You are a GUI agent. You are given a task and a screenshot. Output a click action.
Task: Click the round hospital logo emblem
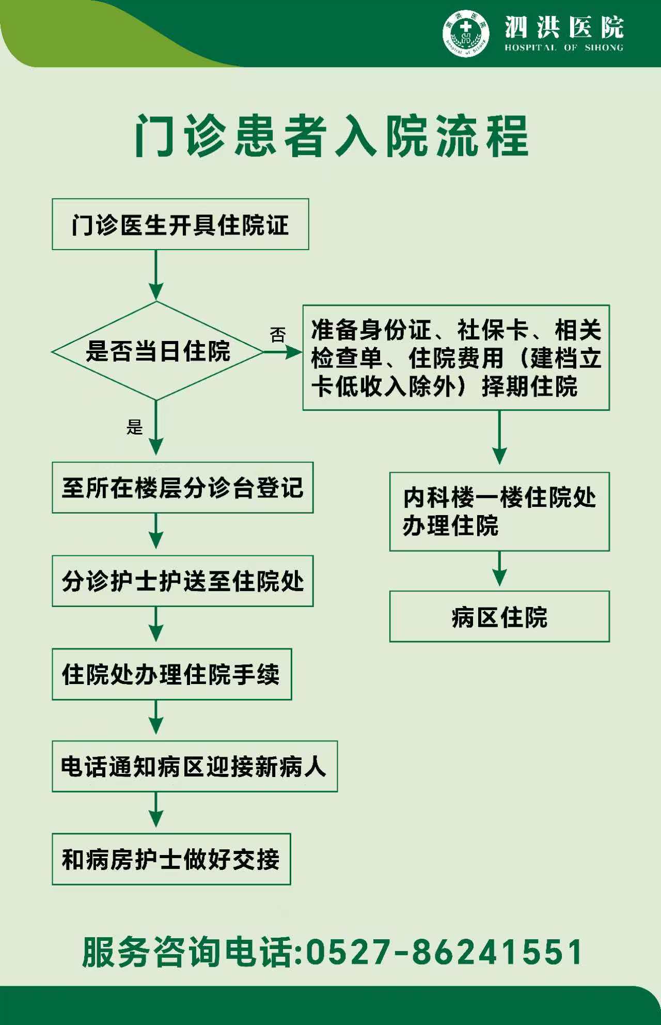(x=466, y=33)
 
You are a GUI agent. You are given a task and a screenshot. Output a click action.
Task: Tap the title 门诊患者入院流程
(x=331, y=136)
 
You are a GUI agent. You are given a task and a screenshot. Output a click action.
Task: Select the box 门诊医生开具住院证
(x=180, y=225)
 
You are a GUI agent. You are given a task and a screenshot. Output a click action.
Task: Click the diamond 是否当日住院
(x=156, y=351)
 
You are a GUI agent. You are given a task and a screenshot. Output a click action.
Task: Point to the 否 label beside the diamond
(x=278, y=335)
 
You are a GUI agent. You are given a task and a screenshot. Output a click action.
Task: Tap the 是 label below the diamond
(x=134, y=427)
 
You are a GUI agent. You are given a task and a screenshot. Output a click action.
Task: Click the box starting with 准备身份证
(x=456, y=358)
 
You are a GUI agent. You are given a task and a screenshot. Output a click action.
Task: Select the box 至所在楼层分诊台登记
(x=182, y=488)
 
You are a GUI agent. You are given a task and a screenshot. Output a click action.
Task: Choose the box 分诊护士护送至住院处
(x=182, y=581)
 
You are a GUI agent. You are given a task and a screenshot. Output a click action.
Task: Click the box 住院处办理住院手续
(x=171, y=674)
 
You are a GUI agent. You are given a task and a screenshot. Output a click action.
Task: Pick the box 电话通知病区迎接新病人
(x=194, y=767)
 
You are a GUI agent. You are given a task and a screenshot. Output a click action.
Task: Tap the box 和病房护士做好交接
(x=171, y=859)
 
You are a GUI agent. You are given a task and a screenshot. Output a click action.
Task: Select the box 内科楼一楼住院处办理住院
(x=499, y=511)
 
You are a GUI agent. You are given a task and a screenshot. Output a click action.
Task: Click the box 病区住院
(x=499, y=617)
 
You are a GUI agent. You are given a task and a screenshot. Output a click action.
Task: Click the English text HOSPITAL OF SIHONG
(x=564, y=48)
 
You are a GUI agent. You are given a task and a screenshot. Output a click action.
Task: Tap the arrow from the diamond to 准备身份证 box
(x=282, y=352)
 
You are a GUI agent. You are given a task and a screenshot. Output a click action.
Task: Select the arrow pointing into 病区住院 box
(x=499, y=570)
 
